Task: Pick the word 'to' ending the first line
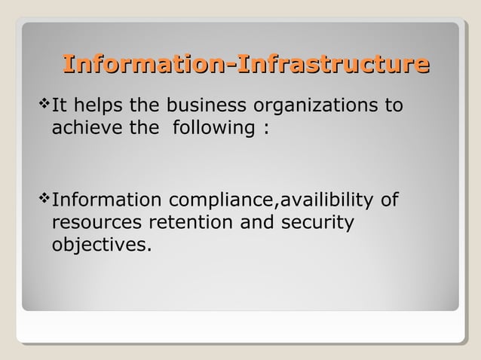point(394,104)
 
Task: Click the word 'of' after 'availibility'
point(389,201)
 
